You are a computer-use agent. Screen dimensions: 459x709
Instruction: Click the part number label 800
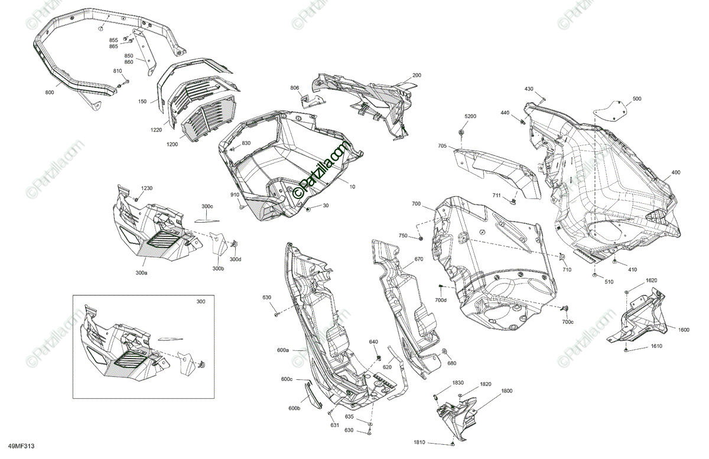point(49,93)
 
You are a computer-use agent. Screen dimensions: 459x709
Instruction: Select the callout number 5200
point(470,116)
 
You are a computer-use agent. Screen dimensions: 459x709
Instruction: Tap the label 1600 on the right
point(684,330)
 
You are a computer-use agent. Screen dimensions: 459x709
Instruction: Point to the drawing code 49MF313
point(20,447)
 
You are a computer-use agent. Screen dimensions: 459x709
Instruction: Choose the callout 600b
point(294,408)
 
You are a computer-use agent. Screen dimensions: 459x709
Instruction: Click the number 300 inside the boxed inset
point(201,302)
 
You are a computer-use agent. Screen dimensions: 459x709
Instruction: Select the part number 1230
point(146,188)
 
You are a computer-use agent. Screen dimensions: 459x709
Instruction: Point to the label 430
point(529,89)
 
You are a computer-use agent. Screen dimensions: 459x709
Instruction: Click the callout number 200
point(417,75)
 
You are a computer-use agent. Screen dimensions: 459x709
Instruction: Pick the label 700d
point(441,301)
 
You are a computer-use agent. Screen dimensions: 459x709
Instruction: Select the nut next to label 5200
point(461,131)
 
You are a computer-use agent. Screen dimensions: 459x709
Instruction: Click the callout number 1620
point(651,280)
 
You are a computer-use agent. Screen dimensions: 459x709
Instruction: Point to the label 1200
point(173,145)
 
